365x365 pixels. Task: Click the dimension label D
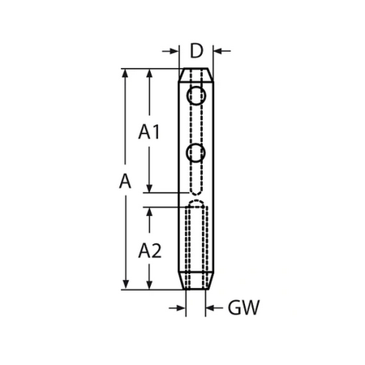click(x=195, y=51)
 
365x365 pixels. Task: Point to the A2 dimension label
click(x=149, y=250)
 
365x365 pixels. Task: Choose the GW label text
click(x=243, y=308)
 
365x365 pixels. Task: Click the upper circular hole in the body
click(x=195, y=97)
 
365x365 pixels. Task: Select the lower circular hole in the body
click(x=195, y=152)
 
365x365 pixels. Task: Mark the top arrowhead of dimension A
click(x=125, y=74)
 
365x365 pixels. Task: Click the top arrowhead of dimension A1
click(x=149, y=74)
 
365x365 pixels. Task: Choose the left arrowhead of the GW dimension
click(x=180, y=308)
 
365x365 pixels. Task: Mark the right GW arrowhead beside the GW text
click(x=211, y=308)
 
